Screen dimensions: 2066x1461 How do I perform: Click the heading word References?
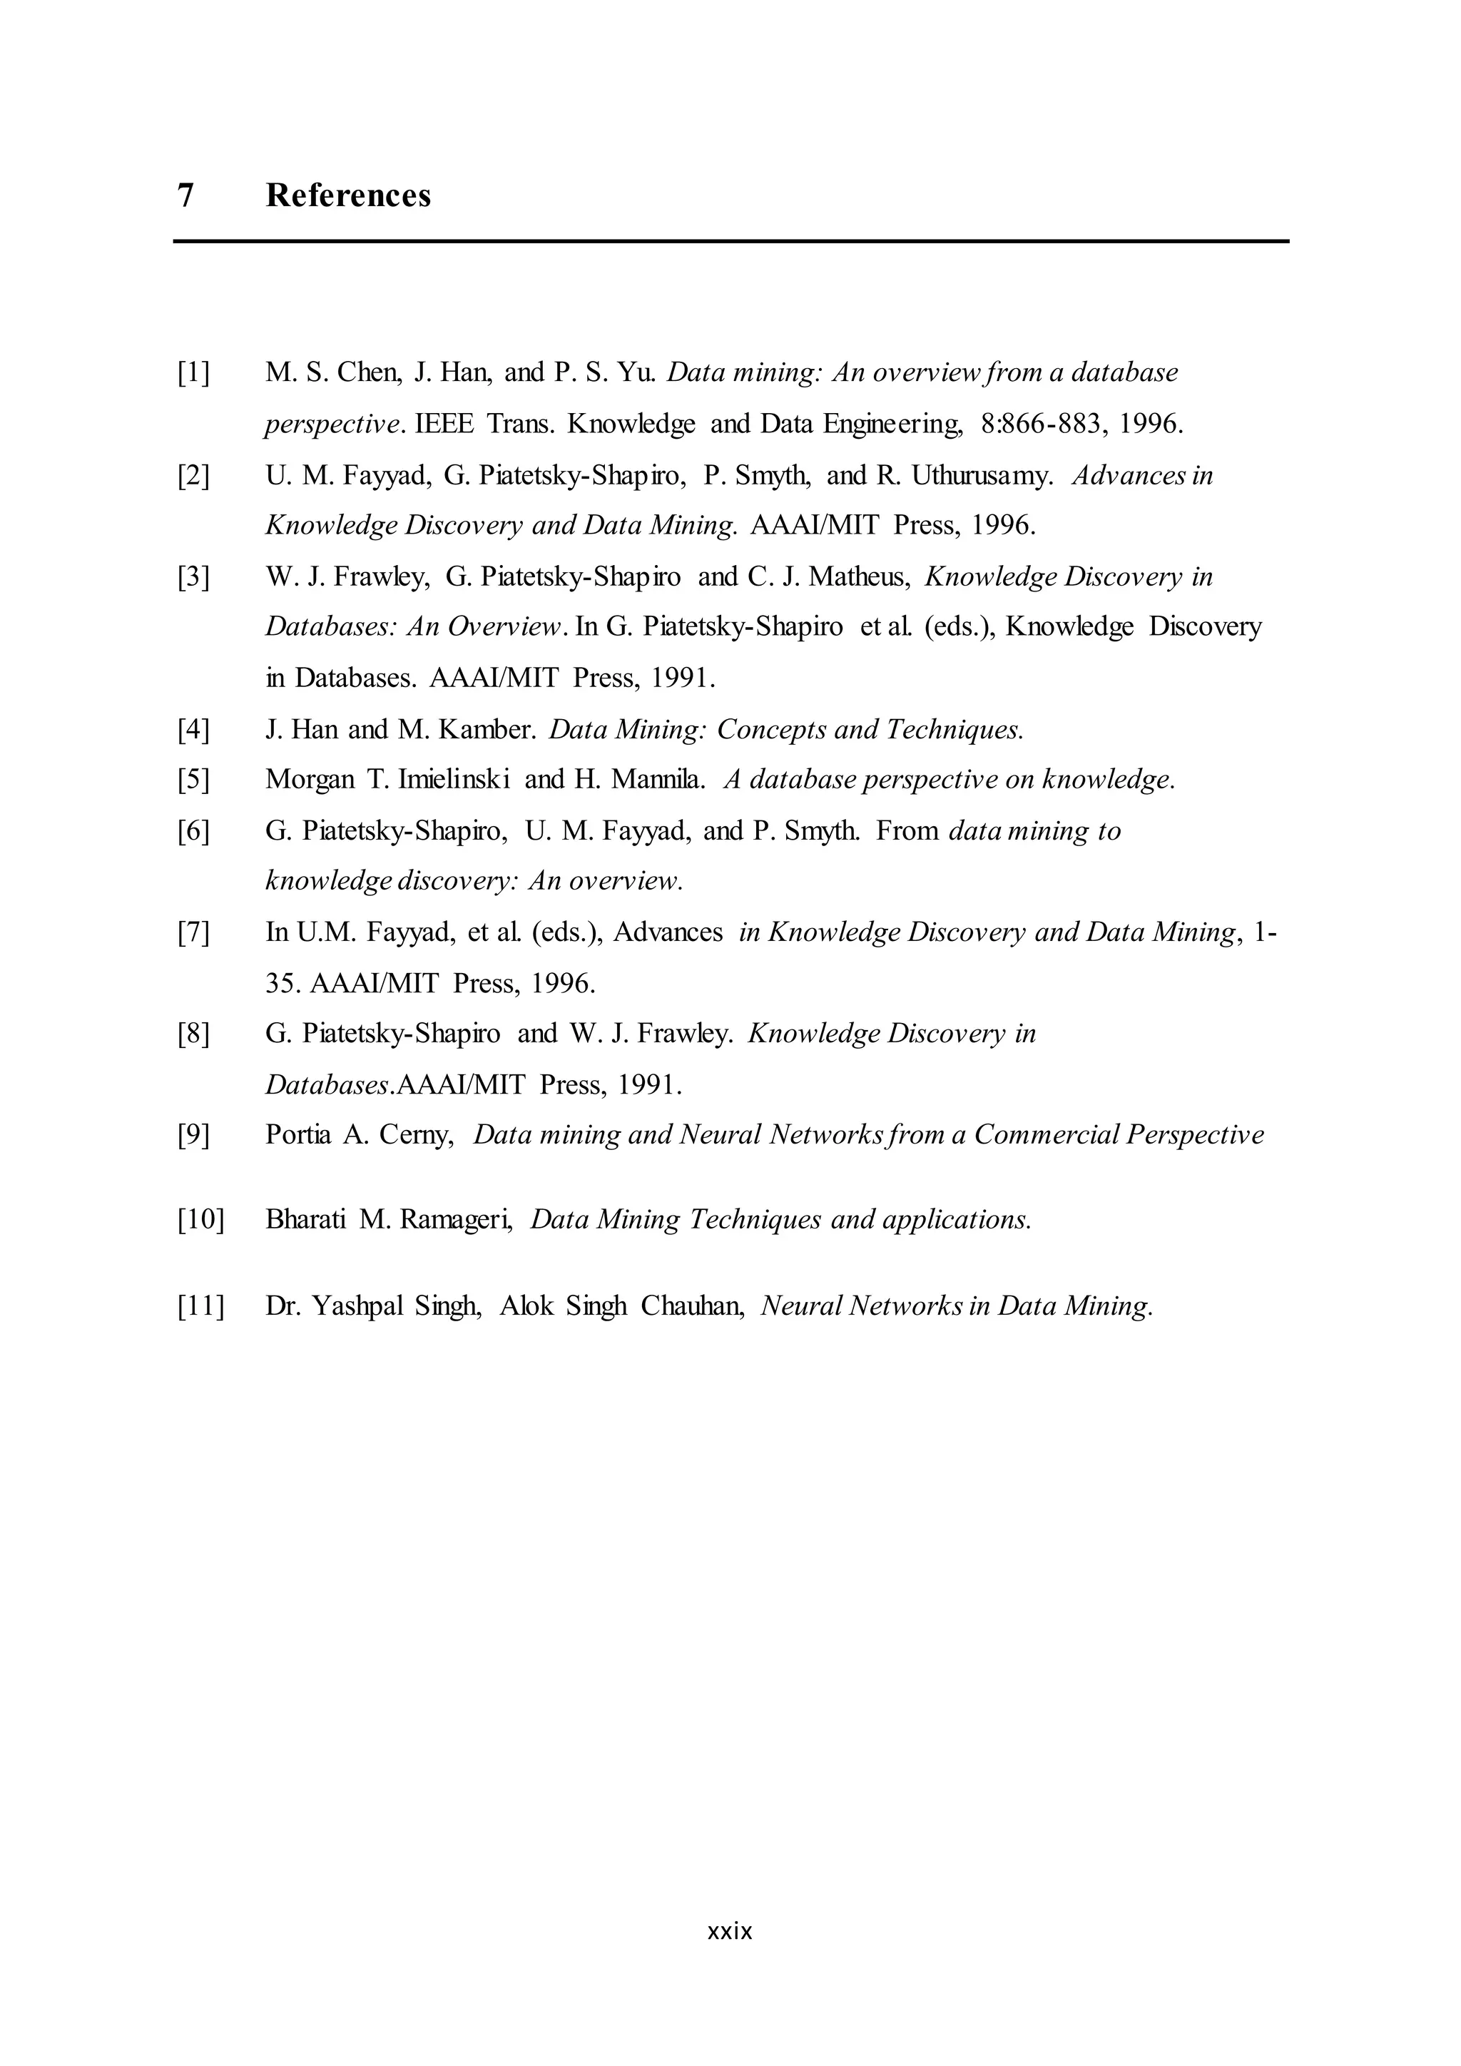click(348, 195)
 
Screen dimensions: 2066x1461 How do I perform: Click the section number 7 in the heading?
click(186, 195)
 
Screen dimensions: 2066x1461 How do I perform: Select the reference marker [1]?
click(193, 372)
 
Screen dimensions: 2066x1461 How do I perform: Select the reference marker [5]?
click(193, 779)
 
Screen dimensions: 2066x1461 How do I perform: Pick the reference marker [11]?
click(200, 1306)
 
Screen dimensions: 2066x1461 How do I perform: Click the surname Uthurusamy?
click(982, 474)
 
